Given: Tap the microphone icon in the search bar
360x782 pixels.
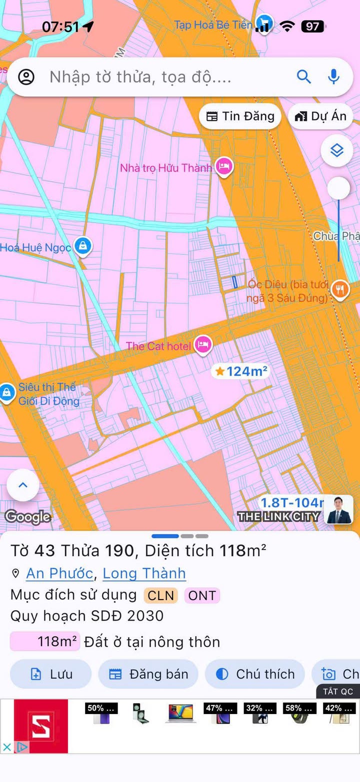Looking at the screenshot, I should click(333, 76).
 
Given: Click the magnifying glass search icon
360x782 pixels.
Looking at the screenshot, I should click(304, 76).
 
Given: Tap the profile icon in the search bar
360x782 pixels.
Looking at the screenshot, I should click(26, 77).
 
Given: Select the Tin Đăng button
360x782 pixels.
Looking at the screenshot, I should click(240, 116).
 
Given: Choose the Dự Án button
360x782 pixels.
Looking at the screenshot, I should click(320, 116).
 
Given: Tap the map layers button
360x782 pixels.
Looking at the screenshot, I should click(337, 150).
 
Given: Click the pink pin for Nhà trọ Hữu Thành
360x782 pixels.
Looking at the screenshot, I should click(224, 167).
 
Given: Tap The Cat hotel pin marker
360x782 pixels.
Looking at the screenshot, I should click(203, 344).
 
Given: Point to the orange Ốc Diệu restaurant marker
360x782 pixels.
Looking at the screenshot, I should click(340, 289).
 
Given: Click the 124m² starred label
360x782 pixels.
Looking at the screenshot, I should click(241, 371).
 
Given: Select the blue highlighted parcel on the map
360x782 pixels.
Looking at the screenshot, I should click(234, 282).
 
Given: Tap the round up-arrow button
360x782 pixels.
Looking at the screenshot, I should click(23, 485).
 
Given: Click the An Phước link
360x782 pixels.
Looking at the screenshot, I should click(59, 573).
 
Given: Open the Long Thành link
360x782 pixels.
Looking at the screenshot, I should click(144, 573).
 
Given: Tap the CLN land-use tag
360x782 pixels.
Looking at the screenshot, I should click(161, 595).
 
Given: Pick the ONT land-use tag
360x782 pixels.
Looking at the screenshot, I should click(202, 595).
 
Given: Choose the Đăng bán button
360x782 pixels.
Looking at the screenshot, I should click(148, 674).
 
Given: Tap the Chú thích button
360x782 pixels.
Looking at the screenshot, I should click(255, 674).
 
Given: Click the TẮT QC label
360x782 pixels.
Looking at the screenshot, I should click(338, 692).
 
